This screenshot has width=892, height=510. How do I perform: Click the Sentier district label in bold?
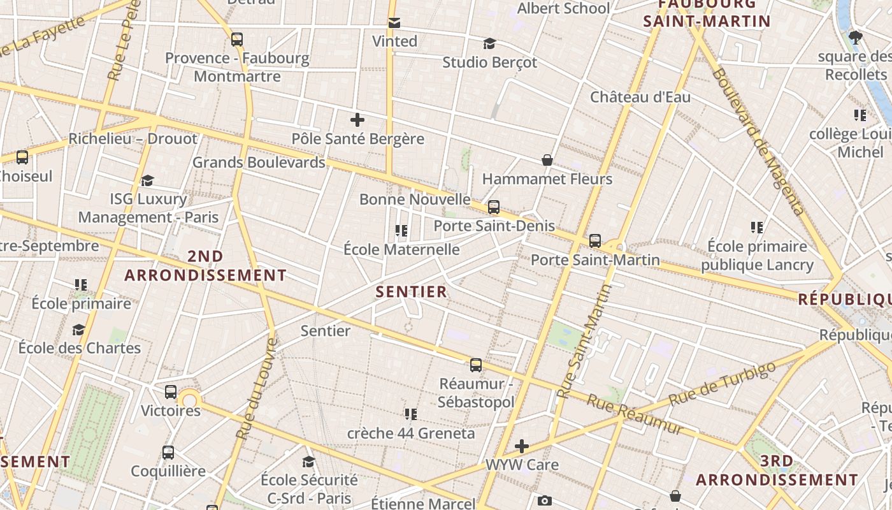point(411,292)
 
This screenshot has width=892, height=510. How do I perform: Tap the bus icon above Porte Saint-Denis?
point(494,207)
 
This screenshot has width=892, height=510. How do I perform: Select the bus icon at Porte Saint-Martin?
point(595,241)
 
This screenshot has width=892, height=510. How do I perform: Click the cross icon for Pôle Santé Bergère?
point(357,120)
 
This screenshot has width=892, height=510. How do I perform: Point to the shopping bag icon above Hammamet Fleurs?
point(547,159)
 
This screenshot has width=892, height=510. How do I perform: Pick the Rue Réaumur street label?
point(634,414)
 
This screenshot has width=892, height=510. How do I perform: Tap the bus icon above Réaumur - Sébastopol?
point(476,365)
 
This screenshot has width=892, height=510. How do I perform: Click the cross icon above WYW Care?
point(522,446)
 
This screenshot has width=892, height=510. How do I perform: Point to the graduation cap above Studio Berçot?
point(489,43)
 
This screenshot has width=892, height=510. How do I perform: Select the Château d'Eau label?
point(640,98)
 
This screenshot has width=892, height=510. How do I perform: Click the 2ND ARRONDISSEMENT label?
point(205,266)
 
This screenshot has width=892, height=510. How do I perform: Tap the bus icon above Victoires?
point(171,392)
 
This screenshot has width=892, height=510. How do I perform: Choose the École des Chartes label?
point(80,348)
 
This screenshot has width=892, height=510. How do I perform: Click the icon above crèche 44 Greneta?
point(411,414)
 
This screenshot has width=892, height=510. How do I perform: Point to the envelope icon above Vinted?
point(394,23)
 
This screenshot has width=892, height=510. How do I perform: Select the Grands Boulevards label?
point(259,163)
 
